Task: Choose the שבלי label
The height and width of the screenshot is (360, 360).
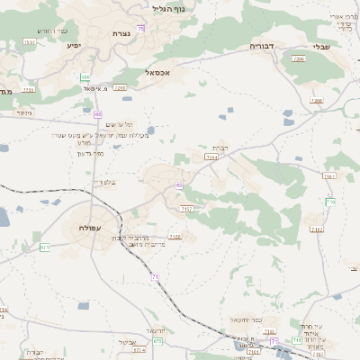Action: [x=321, y=47]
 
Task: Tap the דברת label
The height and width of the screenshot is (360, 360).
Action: [x=219, y=147]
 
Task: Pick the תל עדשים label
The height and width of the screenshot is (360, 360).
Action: [x=115, y=123]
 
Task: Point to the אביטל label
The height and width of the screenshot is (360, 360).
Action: [x=125, y=342]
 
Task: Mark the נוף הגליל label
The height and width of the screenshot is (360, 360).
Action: [x=169, y=9]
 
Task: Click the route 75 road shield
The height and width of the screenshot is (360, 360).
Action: [x=140, y=29]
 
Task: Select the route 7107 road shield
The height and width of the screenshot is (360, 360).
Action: [x=187, y=209]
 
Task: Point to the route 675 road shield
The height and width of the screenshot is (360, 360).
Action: [x=157, y=341]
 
